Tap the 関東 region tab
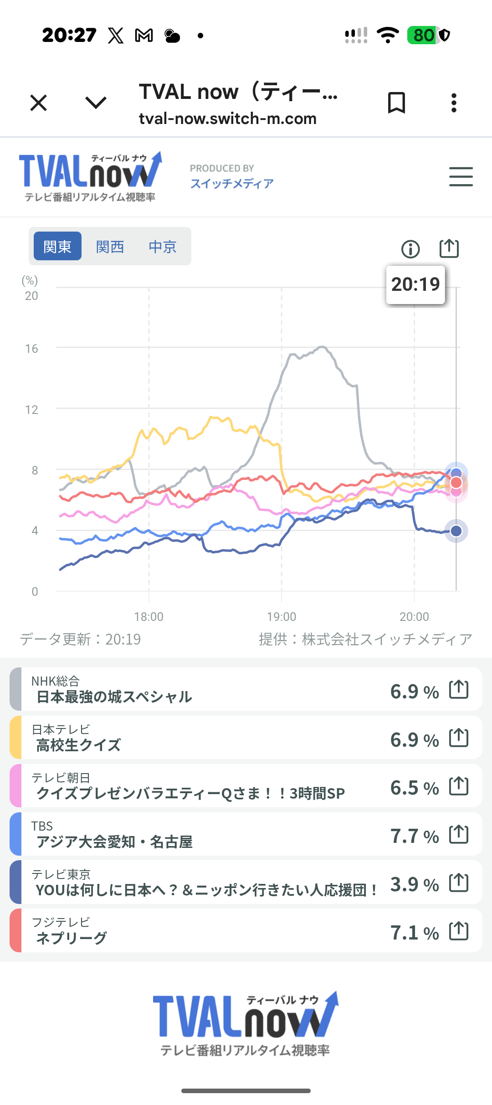click(x=57, y=246)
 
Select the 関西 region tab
click(x=110, y=247)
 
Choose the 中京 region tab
click(x=163, y=247)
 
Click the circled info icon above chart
click(x=410, y=249)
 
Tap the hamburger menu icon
click(x=461, y=176)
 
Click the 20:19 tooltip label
click(x=415, y=284)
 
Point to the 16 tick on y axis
click(x=31, y=349)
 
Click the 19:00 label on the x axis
click(x=281, y=617)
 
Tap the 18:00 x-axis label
click(x=149, y=617)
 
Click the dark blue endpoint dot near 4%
click(x=456, y=531)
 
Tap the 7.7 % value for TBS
click(x=415, y=836)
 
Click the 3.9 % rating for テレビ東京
click(x=415, y=884)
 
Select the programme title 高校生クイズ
click(x=78, y=745)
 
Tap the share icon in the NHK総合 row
click(x=459, y=689)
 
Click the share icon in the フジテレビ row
click(x=459, y=931)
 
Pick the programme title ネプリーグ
click(x=71, y=938)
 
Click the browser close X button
click(x=39, y=103)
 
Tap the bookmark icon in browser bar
click(x=396, y=103)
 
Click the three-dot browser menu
click(x=454, y=103)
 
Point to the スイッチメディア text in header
click(x=232, y=183)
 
